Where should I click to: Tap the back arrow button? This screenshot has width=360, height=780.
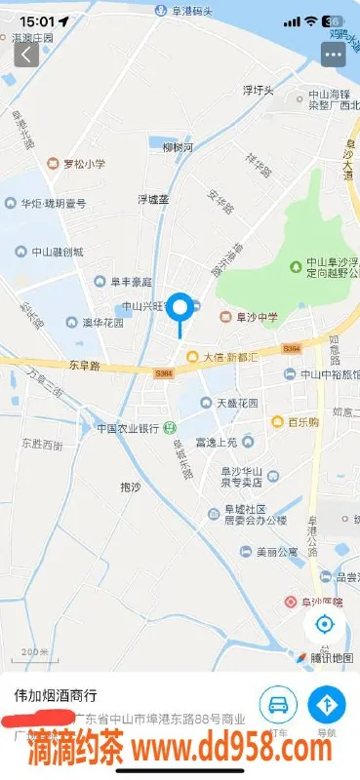[x=25, y=54]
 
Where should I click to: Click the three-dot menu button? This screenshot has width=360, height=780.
[x=334, y=54]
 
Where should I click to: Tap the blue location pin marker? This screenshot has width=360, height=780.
[x=180, y=307]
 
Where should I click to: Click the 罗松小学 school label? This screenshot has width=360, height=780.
[x=83, y=165]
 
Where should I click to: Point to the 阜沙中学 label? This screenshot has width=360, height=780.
[x=256, y=317]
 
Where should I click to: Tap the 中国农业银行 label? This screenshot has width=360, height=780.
[x=127, y=428]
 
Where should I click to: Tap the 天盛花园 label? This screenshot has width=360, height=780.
[x=237, y=403]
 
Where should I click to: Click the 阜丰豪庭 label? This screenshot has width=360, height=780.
[x=130, y=282]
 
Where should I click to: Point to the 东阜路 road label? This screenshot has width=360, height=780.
[x=86, y=367]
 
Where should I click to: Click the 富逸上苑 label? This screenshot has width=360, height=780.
[x=217, y=442]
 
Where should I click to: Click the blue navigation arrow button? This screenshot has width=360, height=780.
[x=327, y=704]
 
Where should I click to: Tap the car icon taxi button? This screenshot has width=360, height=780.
[x=278, y=704]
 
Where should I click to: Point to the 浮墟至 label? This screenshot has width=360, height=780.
[x=152, y=199]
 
